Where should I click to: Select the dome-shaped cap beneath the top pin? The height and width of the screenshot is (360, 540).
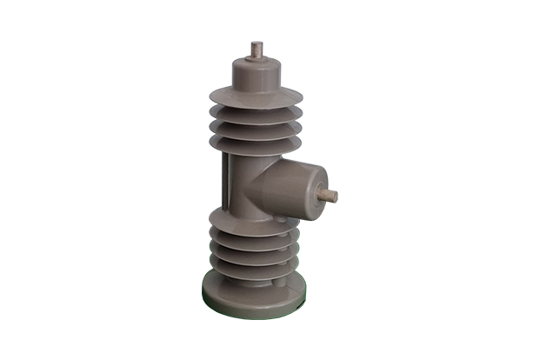coord(257,71)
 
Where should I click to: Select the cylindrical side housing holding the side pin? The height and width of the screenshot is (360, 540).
coord(300,187)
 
